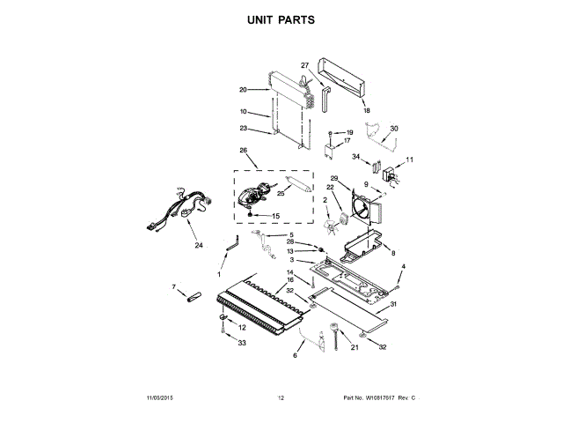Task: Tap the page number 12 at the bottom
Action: click(281, 399)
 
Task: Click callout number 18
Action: click(367, 111)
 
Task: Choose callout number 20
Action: click(243, 89)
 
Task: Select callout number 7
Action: click(173, 287)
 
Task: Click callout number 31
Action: click(393, 305)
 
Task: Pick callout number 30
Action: click(393, 129)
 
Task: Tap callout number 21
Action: click(355, 347)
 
